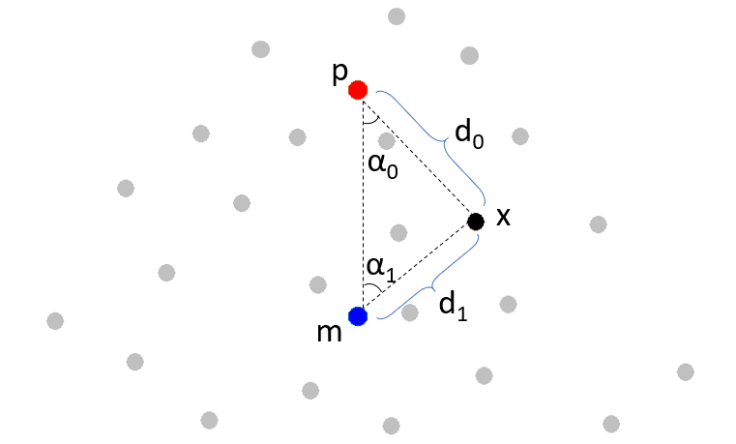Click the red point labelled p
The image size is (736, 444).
(358, 90)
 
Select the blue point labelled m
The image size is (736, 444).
(358, 315)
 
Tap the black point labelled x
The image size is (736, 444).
(475, 222)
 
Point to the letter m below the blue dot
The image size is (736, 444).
(330, 332)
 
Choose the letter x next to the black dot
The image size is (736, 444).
(503, 218)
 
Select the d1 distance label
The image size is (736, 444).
(453, 305)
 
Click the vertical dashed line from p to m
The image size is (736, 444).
(359, 203)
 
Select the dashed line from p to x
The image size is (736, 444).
(416, 155)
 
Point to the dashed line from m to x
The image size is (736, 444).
(416, 268)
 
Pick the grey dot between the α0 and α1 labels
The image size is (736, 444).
(397, 232)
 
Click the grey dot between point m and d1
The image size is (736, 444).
(409, 312)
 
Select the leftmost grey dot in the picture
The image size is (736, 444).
(55, 320)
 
